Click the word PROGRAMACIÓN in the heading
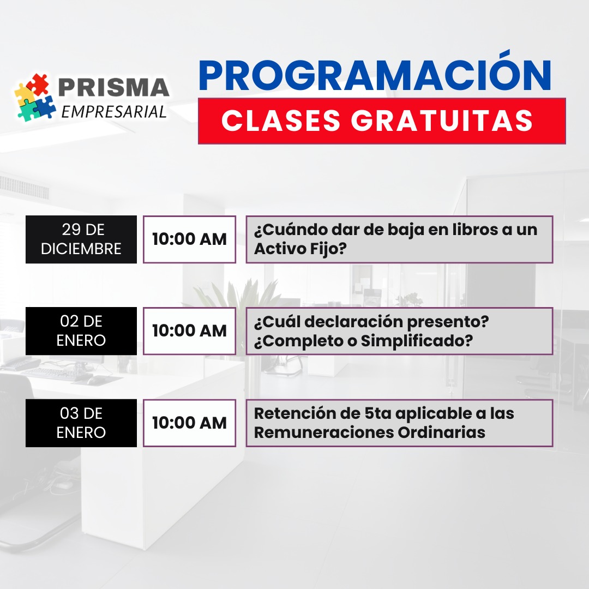375,74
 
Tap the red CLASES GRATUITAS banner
382,121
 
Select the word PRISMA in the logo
113,87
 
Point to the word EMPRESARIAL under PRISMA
113,112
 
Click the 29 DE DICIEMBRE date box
81,239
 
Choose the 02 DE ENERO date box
81,331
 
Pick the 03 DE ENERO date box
81,423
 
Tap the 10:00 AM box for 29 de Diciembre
189,239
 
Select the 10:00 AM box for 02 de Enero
189,331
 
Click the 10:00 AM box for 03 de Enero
189,423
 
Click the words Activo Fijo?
300,249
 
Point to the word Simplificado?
417,341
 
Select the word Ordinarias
441,432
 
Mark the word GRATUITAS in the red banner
442,121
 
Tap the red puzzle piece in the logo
38,84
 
